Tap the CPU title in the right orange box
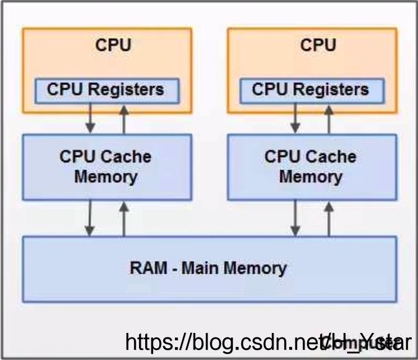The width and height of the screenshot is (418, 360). click(318, 46)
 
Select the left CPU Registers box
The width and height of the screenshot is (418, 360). click(106, 90)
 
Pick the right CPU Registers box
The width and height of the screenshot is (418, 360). click(311, 90)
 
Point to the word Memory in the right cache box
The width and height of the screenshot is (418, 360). click(311, 177)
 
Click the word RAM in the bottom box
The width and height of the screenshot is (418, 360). click(147, 268)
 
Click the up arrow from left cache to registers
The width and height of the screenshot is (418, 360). click(124, 118)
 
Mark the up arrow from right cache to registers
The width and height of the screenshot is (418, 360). click(329, 118)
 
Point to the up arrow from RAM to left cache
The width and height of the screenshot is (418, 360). click(124, 218)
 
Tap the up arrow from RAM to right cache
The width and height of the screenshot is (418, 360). click(329, 218)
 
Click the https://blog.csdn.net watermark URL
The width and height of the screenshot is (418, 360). click(225, 341)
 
